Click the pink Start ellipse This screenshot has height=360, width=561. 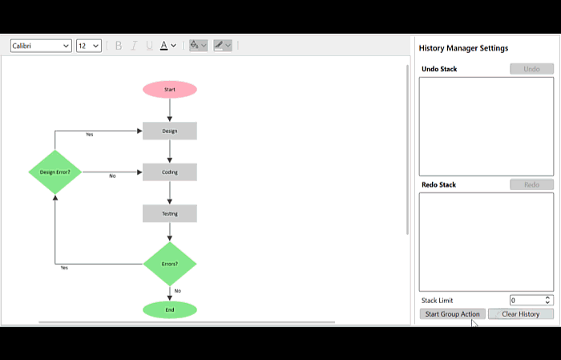170,90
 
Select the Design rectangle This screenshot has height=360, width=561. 170,131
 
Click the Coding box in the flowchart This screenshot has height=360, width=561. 170,172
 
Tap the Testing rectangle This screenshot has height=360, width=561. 170,213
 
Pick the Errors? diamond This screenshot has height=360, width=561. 170,264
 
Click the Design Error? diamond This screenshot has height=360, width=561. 55,172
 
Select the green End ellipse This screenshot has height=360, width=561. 170,310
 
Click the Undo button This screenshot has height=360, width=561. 531,69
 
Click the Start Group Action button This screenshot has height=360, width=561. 452,314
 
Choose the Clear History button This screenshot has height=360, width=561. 521,314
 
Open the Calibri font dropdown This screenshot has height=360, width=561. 41,46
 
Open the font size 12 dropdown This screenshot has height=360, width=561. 89,46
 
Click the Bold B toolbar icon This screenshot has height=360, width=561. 119,46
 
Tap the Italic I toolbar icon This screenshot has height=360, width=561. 134,46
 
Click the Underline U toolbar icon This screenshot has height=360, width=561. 149,46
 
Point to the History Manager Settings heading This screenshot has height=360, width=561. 463,48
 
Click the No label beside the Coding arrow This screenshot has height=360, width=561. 112,176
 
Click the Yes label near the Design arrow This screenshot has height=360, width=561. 90,135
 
